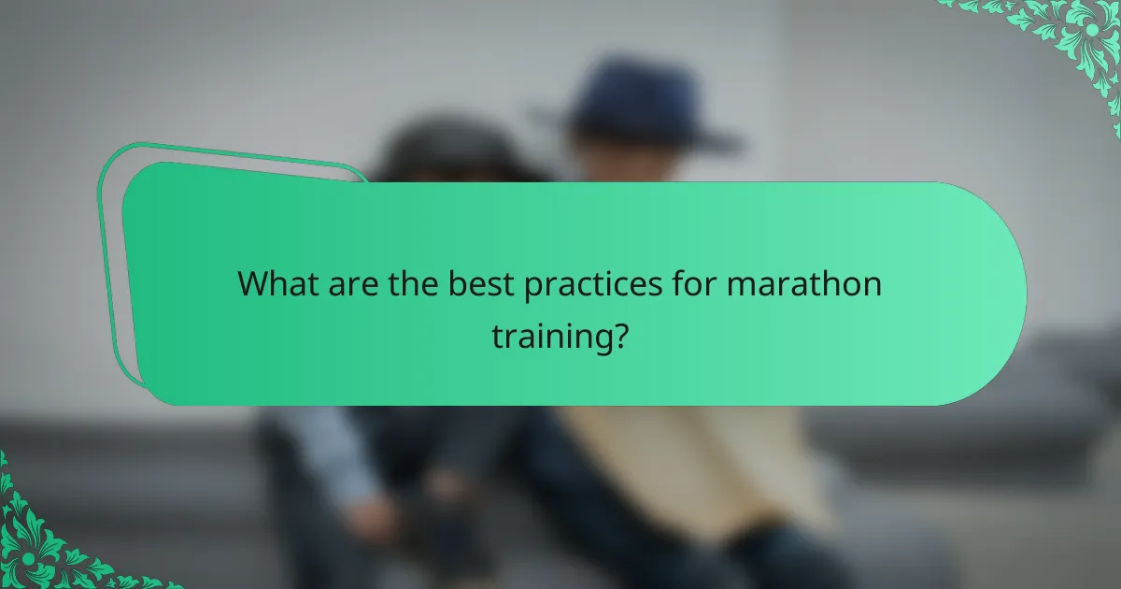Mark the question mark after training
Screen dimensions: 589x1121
pyautogui.click(x=617, y=335)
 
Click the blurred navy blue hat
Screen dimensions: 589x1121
pyautogui.click(x=635, y=108)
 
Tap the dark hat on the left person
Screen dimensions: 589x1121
pyautogui.click(x=439, y=150)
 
